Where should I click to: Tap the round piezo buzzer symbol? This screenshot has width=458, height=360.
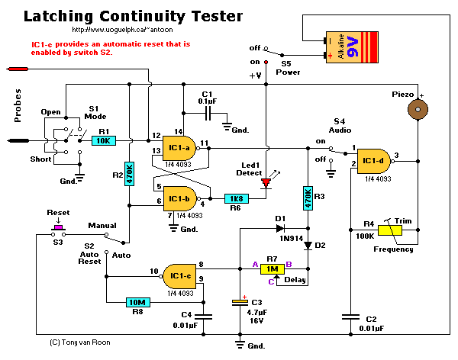(416, 109)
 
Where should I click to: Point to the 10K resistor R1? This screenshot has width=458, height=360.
(103, 140)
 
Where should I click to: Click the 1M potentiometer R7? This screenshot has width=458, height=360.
(272, 268)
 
